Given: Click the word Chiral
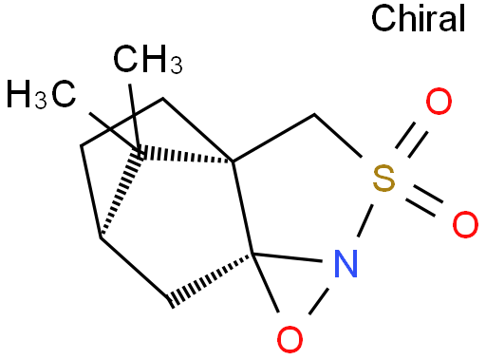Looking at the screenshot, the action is [x=420, y=18].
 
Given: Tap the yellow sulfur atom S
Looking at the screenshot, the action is [x=382, y=176].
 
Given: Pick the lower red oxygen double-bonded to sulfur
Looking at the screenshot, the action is [x=463, y=224].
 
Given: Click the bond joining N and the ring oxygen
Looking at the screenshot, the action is [x=323, y=298].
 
